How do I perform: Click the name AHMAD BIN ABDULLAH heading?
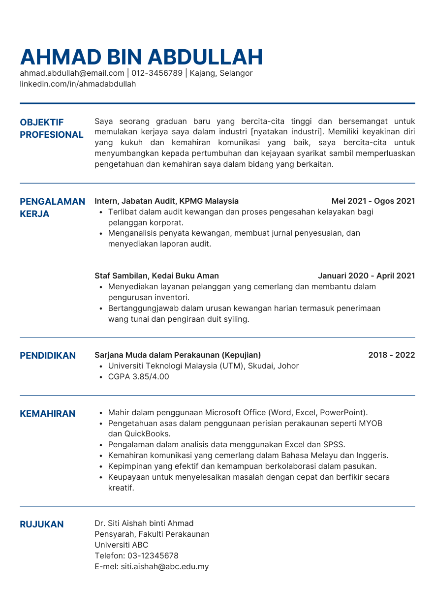point(141,58)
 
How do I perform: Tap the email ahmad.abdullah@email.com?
point(72,73)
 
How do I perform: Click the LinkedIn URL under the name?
point(78,84)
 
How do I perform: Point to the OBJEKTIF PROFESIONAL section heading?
point(51,128)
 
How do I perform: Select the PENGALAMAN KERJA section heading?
point(52,208)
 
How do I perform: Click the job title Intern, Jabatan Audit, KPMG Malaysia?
point(166,201)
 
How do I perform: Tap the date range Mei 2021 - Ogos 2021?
point(373,201)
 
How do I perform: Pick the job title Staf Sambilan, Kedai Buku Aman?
point(156,276)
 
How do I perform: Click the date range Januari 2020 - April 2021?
point(366,276)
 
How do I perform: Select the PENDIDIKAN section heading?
point(48,356)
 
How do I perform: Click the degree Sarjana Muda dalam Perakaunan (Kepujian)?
point(178,355)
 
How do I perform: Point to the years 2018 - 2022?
point(391,355)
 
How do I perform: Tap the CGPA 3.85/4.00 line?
point(138,377)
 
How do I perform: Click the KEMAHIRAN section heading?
point(47,414)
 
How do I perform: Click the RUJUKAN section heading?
point(42,524)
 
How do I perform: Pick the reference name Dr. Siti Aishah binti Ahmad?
point(144,523)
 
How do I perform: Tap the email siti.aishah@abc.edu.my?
point(164,567)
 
